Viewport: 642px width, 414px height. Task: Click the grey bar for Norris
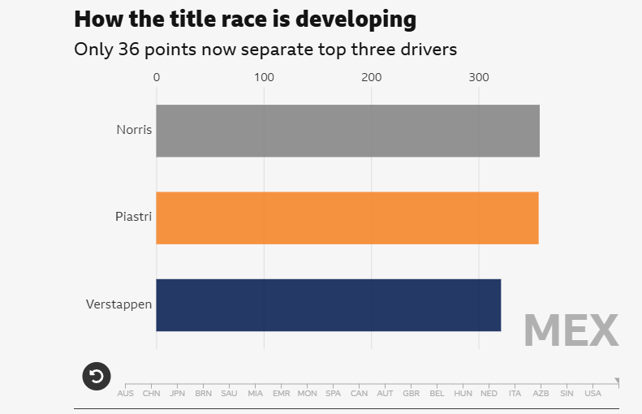click(347, 131)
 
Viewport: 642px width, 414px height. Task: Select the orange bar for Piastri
click(347, 218)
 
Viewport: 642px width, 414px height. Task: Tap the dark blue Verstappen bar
click(328, 304)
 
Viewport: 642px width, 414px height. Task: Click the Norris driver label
click(134, 130)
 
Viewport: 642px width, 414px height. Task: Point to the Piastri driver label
click(134, 217)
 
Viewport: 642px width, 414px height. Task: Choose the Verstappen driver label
click(119, 304)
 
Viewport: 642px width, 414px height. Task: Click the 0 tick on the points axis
click(157, 78)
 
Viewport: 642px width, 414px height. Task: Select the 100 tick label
click(264, 78)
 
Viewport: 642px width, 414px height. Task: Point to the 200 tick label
click(372, 78)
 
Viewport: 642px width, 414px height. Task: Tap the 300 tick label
click(479, 78)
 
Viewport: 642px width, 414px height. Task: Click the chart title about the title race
click(245, 19)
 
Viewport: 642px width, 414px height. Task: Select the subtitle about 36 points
click(265, 50)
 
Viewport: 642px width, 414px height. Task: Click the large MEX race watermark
click(571, 330)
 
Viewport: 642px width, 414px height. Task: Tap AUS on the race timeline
click(126, 394)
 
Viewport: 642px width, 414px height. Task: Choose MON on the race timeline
click(307, 394)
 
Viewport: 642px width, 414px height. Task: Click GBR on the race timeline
click(411, 394)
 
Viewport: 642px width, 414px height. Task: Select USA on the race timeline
click(592, 394)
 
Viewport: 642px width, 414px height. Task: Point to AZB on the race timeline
click(541, 394)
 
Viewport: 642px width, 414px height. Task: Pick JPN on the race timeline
click(177, 394)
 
